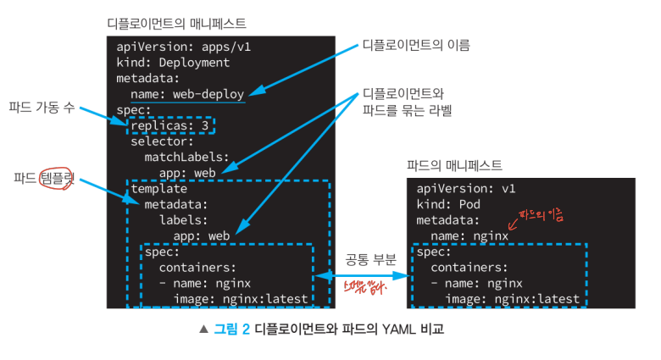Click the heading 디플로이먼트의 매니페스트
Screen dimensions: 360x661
(x=177, y=23)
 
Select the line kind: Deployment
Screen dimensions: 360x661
(x=173, y=62)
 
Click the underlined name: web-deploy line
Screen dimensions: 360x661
(x=187, y=93)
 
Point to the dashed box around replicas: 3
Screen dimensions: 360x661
(x=172, y=125)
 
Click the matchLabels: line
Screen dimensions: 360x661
(x=186, y=157)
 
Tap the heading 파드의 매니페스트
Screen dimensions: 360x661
(x=454, y=165)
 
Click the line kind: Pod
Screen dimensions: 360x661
(x=448, y=204)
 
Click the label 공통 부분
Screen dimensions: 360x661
(x=370, y=259)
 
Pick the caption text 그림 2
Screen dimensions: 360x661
(x=231, y=330)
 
